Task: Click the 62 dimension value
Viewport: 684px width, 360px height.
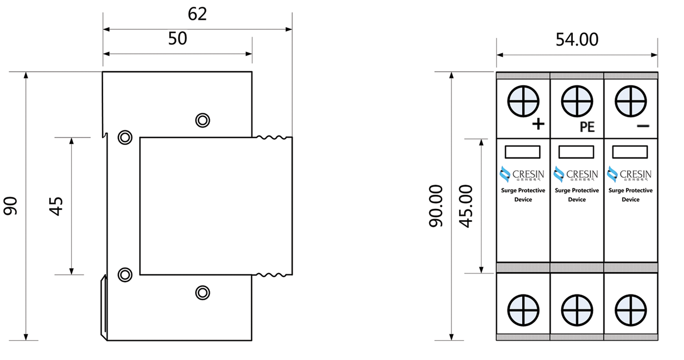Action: [197, 14]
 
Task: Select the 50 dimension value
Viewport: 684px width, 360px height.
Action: [178, 39]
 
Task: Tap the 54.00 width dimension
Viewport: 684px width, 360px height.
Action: [577, 39]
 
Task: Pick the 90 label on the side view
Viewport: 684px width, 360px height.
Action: [12, 206]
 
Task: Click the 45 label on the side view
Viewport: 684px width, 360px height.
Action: [56, 206]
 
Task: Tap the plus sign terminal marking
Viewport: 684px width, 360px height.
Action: [539, 124]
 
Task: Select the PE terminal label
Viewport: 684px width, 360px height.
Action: [587, 127]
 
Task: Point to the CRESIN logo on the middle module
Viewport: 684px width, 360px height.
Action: [576, 174]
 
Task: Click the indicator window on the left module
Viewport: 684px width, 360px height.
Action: [523, 151]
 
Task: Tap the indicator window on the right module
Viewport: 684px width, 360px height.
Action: [630, 151]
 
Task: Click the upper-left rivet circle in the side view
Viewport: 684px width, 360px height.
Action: [124, 137]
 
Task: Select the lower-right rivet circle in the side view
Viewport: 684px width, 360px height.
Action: [202, 292]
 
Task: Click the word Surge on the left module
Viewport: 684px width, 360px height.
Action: [509, 191]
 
